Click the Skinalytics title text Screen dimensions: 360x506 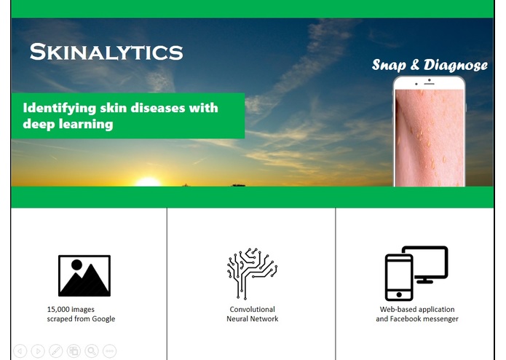point(106,52)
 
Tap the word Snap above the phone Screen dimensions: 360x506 point(389,65)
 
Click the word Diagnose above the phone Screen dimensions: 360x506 point(457,65)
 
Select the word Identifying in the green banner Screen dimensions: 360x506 point(60,108)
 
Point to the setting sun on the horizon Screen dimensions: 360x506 point(148,181)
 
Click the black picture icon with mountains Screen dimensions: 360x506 point(84,275)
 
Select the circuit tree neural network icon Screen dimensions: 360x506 point(252,274)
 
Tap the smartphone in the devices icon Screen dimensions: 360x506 point(399,278)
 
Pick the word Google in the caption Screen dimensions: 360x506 point(103,318)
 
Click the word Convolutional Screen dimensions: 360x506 point(252,309)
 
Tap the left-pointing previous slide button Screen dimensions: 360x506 point(20,351)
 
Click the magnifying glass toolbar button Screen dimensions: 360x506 point(91,351)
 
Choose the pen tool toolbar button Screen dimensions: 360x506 point(55,351)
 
